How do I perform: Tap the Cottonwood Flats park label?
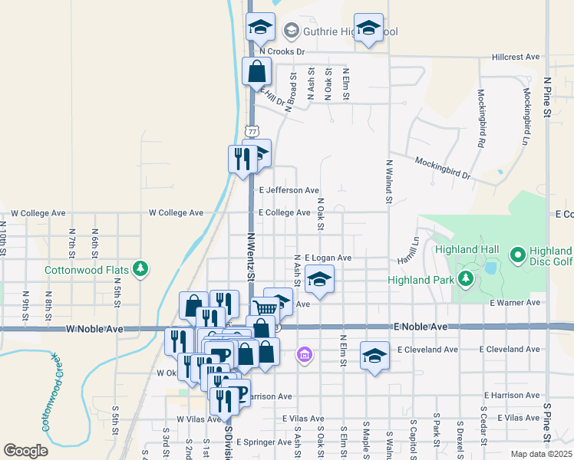pyautogui.click(x=86, y=269)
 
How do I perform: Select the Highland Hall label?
pyautogui.click(x=467, y=250)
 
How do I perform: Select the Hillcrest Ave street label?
pyautogui.click(x=516, y=57)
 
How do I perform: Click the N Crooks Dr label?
pyautogui.click(x=282, y=51)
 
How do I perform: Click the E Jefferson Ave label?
pyautogui.click(x=289, y=190)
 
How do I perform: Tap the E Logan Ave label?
pyautogui.click(x=328, y=258)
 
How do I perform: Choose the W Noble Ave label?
pyautogui.click(x=94, y=328)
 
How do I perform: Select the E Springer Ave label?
pyautogui.click(x=266, y=442)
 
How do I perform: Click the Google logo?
pyautogui.click(x=25, y=450)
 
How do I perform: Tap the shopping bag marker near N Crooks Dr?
pyautogui.click(x=256, y=71)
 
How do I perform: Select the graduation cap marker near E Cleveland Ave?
pyautogui.click(x=374, y=355)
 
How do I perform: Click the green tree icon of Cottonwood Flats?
pyautogui.click(x=140, y=268)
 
